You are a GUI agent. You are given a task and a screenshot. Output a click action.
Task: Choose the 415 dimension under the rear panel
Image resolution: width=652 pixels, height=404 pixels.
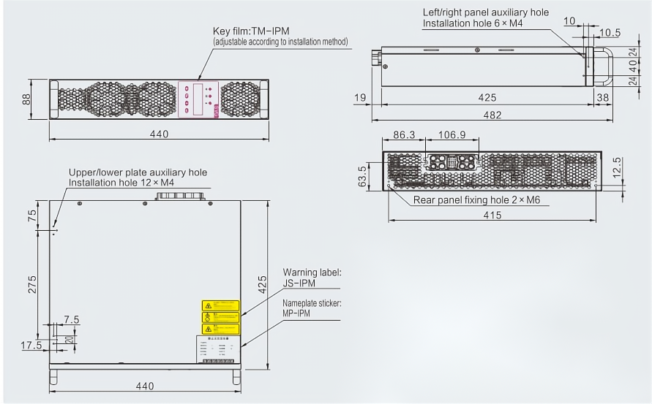click(492, 215)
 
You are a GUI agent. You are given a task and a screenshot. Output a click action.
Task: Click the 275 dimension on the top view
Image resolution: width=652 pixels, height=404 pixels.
click(32, 285)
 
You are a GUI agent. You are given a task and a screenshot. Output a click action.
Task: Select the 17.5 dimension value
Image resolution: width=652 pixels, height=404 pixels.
click(31, 346)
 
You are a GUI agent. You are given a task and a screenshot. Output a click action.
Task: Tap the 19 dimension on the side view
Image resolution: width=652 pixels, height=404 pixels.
click(359, 97)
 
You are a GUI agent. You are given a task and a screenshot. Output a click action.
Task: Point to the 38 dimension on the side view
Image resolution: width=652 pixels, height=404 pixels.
click(602, 97)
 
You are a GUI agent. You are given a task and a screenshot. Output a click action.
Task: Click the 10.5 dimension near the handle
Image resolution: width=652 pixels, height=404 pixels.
click(610, 32)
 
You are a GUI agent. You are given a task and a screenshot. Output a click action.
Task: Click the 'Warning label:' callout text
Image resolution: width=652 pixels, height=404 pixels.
click(312, 272)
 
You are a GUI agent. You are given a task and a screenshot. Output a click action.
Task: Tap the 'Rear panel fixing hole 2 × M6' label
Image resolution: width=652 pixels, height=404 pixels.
click(476, 199)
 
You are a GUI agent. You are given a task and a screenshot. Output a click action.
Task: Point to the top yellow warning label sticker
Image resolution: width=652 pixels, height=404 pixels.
click(221, 305)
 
